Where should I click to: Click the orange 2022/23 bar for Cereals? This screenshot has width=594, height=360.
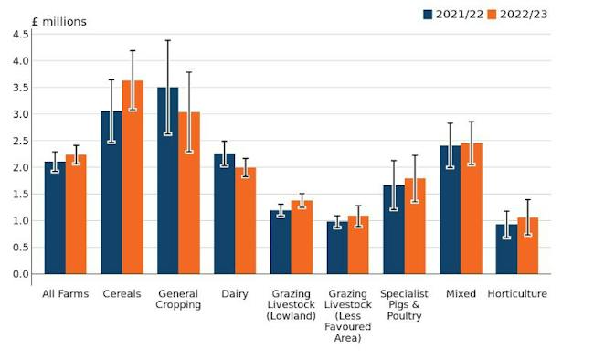133,177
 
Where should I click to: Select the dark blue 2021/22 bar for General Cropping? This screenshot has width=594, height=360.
168,180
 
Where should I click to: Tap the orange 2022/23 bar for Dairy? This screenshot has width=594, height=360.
246,220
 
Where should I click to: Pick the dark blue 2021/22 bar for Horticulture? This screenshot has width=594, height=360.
506,249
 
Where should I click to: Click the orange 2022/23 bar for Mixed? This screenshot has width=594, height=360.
472,208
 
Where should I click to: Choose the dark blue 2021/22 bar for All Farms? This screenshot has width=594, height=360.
55,217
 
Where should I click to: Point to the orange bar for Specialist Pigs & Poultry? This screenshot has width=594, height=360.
415,227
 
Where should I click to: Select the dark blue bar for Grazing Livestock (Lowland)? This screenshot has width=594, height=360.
281,242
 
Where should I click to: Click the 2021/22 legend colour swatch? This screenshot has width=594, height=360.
428,15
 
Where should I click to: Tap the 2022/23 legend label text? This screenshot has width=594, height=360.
524,15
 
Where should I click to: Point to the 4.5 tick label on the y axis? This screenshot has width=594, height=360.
20,35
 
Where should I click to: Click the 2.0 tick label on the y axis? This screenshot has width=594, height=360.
20,167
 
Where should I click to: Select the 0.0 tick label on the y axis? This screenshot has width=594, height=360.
20,274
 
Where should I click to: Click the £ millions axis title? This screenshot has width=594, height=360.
59,22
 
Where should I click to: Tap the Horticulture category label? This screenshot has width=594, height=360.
517,293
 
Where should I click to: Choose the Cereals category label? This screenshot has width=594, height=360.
122,293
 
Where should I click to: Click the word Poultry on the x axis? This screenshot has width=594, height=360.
404,316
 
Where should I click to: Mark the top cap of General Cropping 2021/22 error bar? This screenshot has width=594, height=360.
168,40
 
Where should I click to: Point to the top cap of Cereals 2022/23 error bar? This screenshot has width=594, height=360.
133,50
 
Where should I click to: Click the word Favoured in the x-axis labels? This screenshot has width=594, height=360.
347,327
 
